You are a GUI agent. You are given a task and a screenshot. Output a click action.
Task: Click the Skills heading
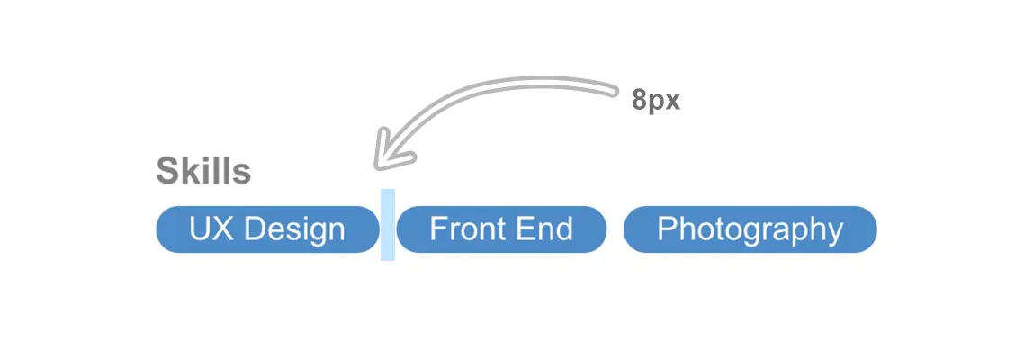point(203,171)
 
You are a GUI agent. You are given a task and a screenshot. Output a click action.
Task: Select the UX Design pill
point(267,229)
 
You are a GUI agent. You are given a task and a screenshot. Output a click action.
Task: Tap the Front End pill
point(501,229)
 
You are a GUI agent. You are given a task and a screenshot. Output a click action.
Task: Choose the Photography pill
point(750,229)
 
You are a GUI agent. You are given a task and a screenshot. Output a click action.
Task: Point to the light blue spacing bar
point(388,225)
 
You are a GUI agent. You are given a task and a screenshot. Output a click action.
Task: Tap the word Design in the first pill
point(295,229)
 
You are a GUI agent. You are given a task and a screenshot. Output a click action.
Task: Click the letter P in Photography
point(667,229)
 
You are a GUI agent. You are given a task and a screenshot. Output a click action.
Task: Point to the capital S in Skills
point(166,171)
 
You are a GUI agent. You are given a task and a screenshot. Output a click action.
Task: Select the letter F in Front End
point(437,229)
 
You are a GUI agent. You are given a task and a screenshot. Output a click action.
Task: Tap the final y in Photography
point(836,232)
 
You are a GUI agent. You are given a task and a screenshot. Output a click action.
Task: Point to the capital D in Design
point(255,229)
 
